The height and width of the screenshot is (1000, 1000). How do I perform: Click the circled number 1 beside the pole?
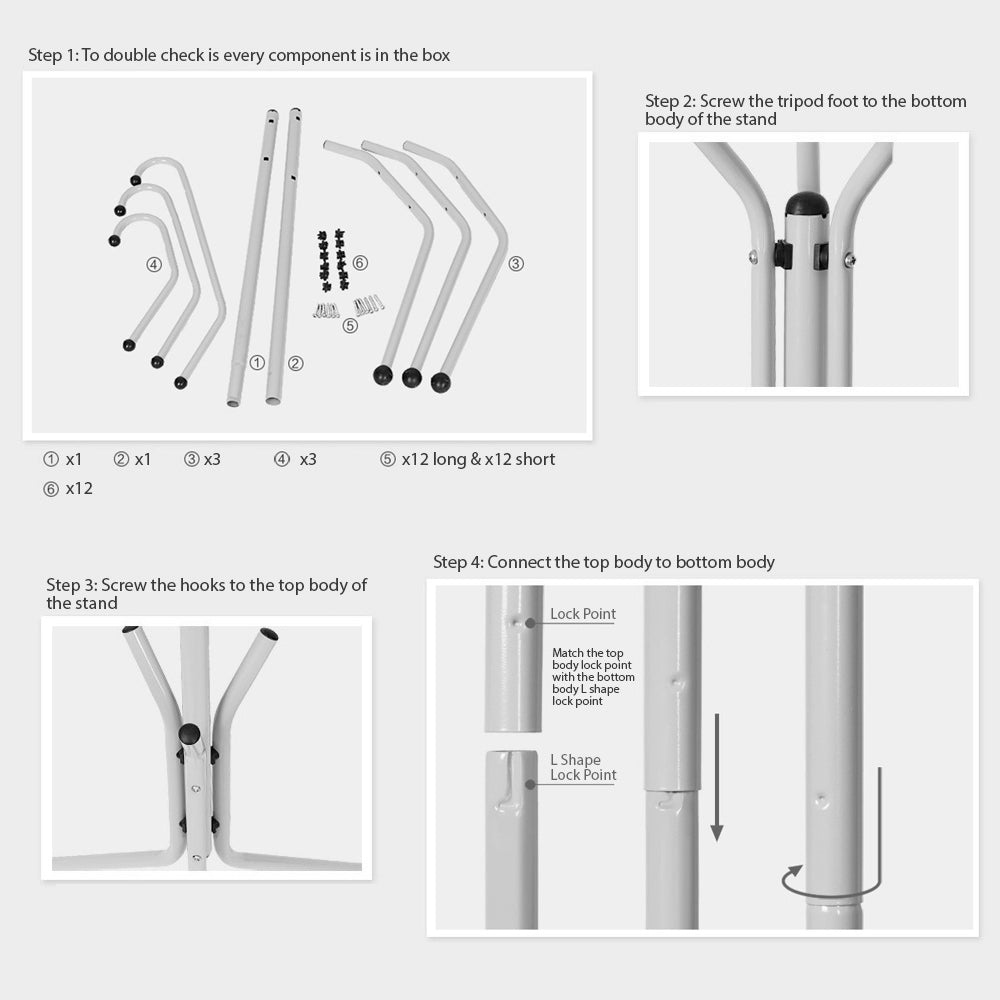(x=257, y=363)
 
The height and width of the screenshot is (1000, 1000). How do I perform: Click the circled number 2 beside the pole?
(x=295, y=364)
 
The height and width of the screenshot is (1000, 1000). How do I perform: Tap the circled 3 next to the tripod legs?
(x=516, y=263)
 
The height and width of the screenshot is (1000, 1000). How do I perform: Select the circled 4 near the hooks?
(x=154, y=265)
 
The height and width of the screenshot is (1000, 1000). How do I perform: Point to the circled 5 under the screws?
(x=350, y=326)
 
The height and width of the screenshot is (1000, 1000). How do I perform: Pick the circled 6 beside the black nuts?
(x=360, y=263)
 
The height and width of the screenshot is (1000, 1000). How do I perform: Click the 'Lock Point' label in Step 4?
(x=583, y=614)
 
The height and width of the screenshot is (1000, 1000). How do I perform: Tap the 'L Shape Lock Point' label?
(x=583, y=767)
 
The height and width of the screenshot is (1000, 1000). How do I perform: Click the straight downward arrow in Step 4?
(x=717, y=777)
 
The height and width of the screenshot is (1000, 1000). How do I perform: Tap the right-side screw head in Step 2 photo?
(x=849, y=260)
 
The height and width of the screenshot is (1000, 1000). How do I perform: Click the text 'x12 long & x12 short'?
(x=478, y=459)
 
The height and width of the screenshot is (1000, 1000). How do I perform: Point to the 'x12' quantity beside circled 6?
(x=79, y=489)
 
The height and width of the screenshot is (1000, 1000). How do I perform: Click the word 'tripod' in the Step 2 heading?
(x=800, y=101)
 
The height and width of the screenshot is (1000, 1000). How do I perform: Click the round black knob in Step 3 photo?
(x=189, y=733)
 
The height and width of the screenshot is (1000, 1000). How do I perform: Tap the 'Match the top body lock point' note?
(x=593, y=677)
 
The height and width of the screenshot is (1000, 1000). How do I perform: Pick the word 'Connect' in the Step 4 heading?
(x=519, y=562)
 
